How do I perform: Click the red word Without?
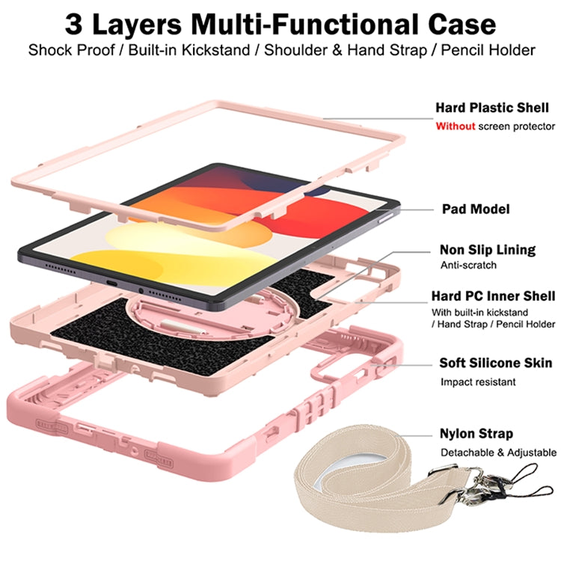456,126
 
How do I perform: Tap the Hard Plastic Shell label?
491,108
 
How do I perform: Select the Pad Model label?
475,209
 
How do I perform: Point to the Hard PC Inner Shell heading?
493,296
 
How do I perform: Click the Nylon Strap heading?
476,434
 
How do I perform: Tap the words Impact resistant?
478,382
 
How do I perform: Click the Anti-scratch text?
468,265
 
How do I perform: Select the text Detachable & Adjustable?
497,453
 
